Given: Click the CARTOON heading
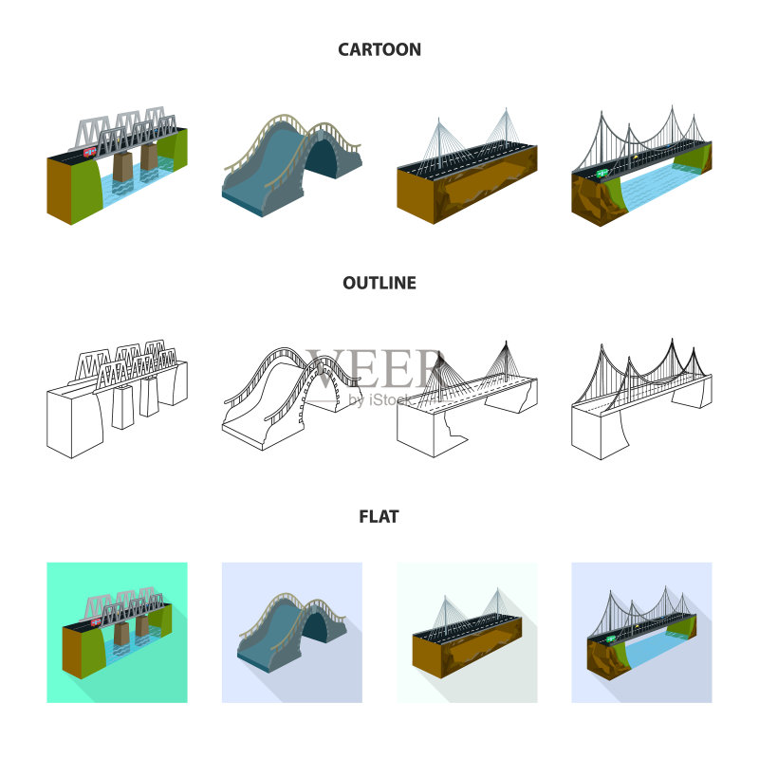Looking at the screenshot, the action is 379,49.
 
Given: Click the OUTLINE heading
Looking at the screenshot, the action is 379,283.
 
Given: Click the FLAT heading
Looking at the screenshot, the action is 379,516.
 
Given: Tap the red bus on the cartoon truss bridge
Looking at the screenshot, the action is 90,153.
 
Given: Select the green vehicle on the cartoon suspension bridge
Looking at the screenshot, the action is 602,173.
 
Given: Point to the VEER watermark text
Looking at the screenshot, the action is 375,368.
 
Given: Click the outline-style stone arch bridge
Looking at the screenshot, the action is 291,398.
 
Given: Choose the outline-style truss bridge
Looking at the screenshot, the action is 117,398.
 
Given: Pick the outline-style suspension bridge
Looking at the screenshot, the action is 642,398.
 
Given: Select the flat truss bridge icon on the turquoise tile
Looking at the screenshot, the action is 117,633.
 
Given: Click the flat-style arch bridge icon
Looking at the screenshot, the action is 292,632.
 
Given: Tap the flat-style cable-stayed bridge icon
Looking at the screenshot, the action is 467,633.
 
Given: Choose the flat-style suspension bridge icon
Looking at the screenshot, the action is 642,633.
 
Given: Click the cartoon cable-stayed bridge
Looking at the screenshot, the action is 467,165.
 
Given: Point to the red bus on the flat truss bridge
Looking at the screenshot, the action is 96,621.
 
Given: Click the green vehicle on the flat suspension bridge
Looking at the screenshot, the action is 611,639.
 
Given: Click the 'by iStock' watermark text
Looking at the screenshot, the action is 381,399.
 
